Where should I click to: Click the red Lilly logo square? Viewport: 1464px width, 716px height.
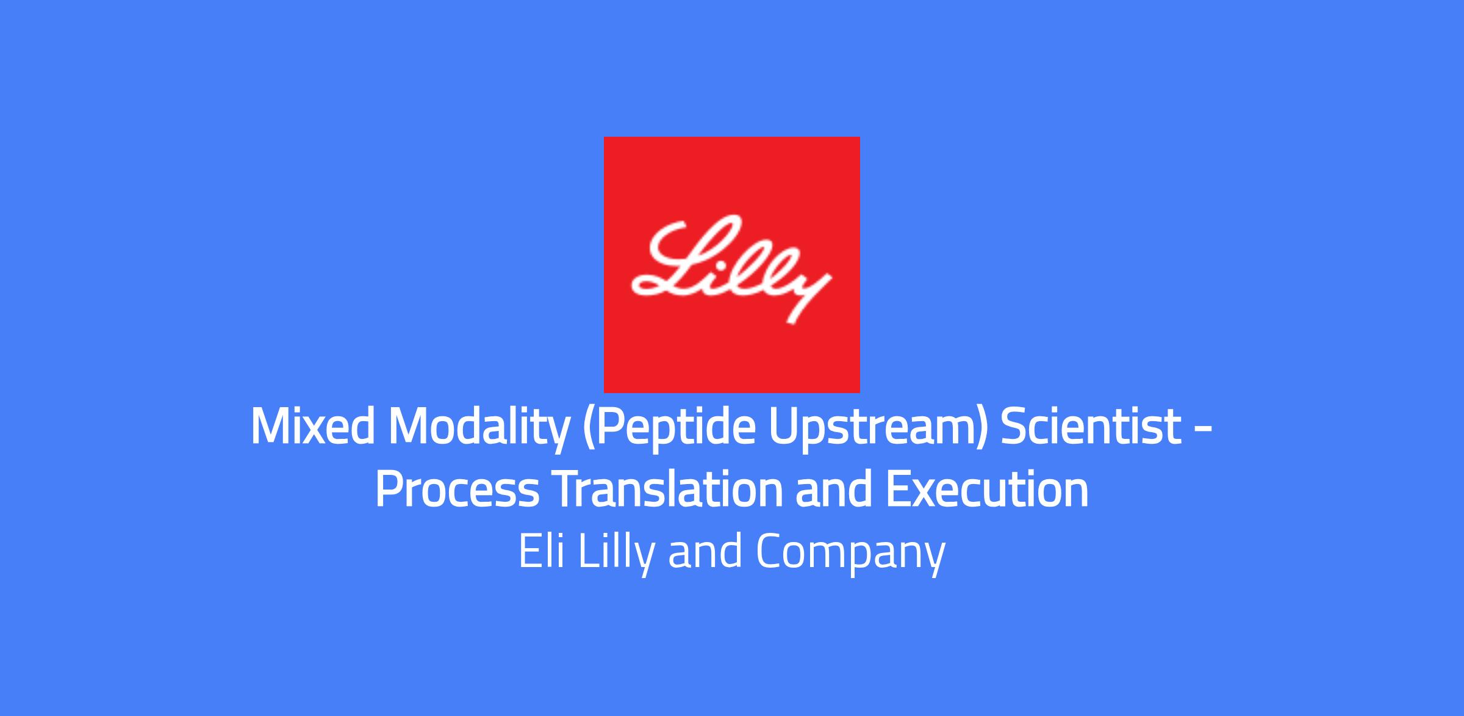732,264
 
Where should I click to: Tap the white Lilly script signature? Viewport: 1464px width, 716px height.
731,269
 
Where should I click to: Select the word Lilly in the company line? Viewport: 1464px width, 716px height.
615,554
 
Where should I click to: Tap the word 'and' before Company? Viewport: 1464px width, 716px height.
705,551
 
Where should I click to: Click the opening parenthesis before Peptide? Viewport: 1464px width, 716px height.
589,430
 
